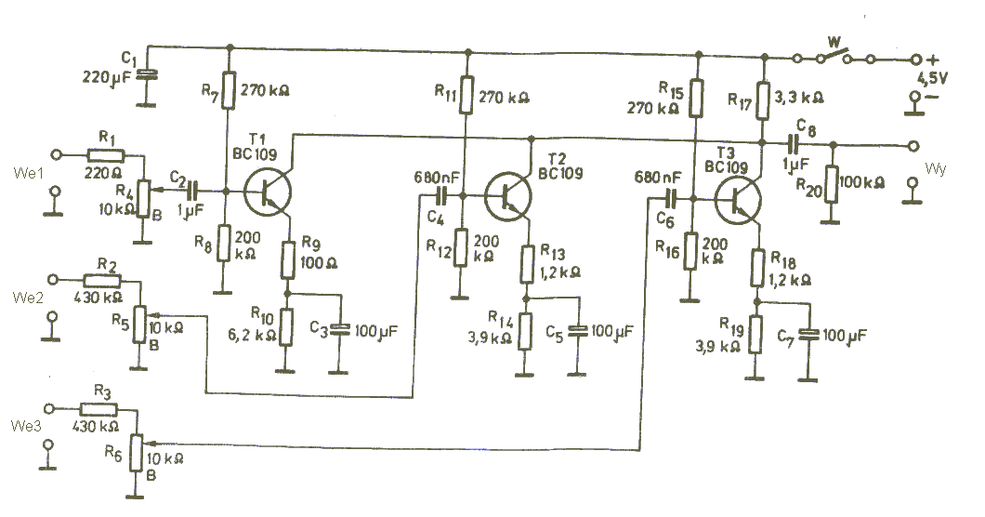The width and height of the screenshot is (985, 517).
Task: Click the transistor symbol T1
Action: click(267, 193)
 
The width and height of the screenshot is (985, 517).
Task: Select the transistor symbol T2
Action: click(508, 197)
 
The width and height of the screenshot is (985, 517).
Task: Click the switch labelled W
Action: click(834, 57)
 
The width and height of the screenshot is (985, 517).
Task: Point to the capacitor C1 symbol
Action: click(149, 74)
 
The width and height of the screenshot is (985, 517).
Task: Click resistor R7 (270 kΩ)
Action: click(230, 90)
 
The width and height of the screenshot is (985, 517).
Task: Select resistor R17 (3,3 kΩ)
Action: click(763, 100)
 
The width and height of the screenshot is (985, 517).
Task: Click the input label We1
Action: click(28, 173)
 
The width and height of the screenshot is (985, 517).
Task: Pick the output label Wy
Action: click(935, 169)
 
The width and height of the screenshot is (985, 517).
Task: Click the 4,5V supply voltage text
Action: click(932, 79)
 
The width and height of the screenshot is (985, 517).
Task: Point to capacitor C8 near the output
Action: click(794, 144)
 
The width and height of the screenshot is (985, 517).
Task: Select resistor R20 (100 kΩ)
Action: click(832, 184)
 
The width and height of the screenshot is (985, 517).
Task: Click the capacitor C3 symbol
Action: click(340, 329)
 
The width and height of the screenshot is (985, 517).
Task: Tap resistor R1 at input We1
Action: click(106, 154)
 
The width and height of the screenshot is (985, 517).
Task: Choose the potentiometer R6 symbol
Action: click(137, 452)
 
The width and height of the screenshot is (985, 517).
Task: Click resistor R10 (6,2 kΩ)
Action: click(286, 327)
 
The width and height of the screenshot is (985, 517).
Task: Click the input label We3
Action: click(26, 426)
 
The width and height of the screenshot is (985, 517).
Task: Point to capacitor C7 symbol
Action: click(808, 335)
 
